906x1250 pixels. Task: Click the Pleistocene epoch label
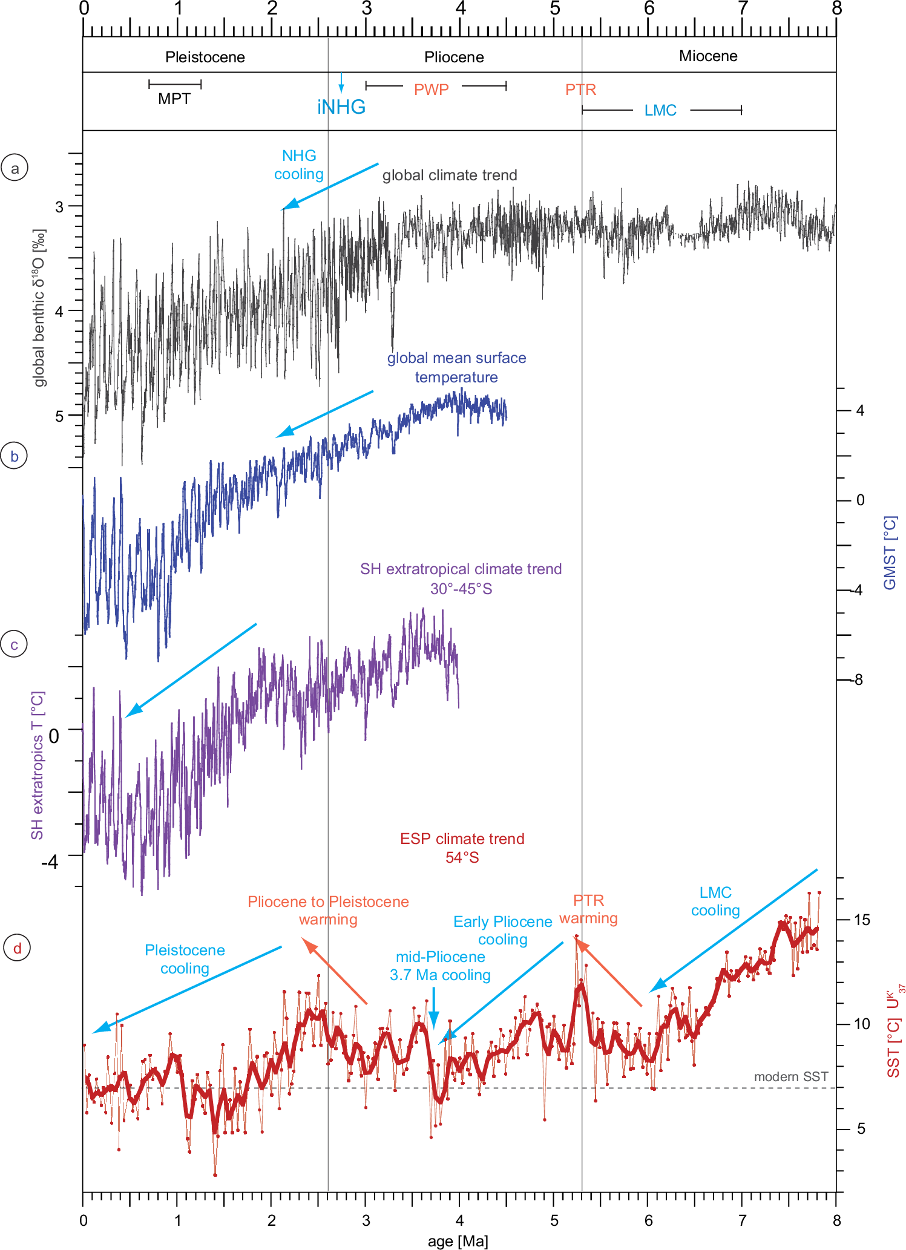coord(205,57)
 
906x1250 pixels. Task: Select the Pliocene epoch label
coord(454,57)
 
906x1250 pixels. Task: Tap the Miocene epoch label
coord(708,56)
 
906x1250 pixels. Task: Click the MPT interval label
coord(174,99)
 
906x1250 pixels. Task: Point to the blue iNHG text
coord(341,107)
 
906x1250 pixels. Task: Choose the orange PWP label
coord(431,90)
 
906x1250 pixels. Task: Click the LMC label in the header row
coord(660,111)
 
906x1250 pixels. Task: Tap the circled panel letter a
coord(15,168)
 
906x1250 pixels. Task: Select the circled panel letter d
coord(17,948)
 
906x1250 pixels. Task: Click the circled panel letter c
coord(15,645)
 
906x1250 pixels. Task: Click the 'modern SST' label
coord(790,1076)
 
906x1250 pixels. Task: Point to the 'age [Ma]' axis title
coord(458,1242)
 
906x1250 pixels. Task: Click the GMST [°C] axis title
coord(890,552)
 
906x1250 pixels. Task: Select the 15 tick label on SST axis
coord(861,920)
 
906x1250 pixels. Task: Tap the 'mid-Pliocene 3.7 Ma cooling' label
coord(440,966)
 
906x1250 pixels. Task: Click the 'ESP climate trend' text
coord(462,839)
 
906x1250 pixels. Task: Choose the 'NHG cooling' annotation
coord(299,165)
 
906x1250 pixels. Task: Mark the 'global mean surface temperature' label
coord(456,367)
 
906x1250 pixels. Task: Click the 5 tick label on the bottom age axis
coord(554,1220)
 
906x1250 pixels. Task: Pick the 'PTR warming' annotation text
coord(588,909)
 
